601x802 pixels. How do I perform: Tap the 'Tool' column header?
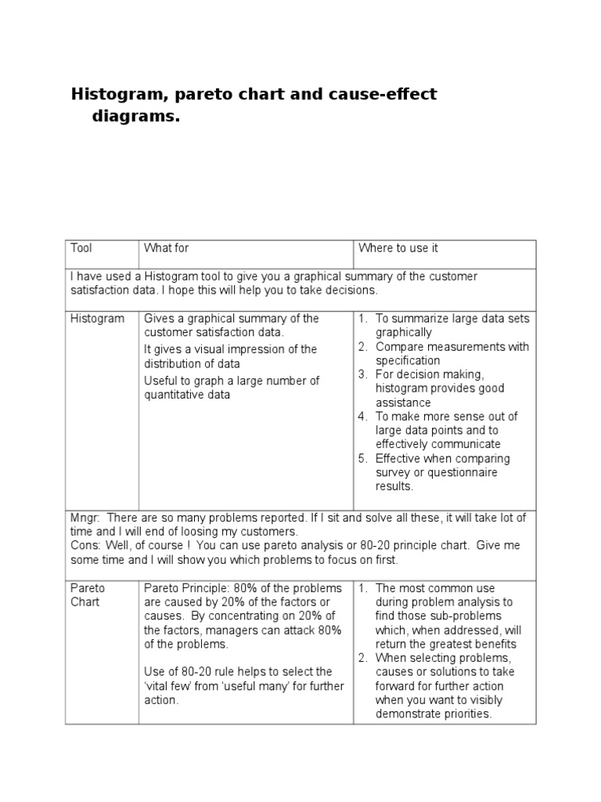click(x=81, y=248)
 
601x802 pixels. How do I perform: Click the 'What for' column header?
click(x=166, y=248)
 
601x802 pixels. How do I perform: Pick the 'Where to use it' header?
click(x=398, y=248)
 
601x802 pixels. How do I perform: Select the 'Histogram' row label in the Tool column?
click(x=97, y=319)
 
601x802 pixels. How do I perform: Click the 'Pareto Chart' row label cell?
click(x=88, y=595)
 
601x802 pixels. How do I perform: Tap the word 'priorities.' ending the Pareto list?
click(x=463, y=714)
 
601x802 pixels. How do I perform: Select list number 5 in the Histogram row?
click(x=363, y=459)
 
